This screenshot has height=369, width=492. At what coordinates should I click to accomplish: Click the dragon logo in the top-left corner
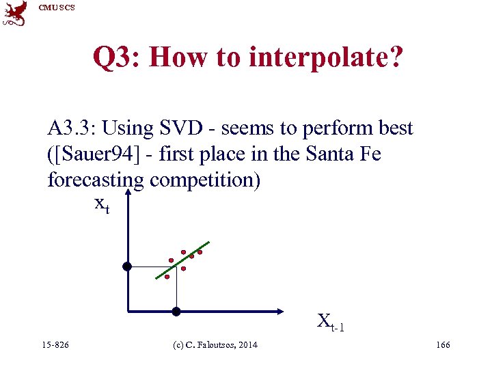(x=15, y=13)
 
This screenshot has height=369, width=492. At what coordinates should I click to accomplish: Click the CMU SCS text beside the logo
(x=57, y=8)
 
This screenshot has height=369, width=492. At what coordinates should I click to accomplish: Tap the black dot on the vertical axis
(x=126, y=266)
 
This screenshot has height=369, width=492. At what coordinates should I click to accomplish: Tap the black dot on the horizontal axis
(x=176, y=312)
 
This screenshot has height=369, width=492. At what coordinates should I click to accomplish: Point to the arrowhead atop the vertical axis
(x=126, y=193)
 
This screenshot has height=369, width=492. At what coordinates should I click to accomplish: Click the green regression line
(x=183, y=260)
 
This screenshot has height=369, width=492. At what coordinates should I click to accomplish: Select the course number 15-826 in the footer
(x=55, y=345)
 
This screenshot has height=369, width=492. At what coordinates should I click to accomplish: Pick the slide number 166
(x=443, y=345)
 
